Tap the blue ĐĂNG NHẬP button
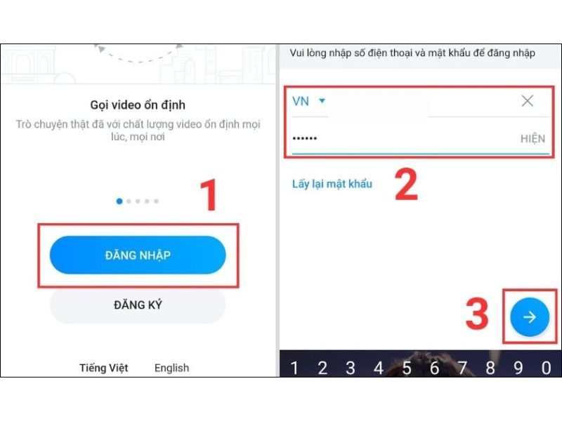click(138, 255)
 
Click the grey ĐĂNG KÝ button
click(138, 305)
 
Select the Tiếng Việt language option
click(104, 368)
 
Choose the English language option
click(171, 368)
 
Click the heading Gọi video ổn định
click(138, 105)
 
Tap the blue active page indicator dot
click(119, 201)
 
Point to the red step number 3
click(478, 315)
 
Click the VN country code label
click(301, 101)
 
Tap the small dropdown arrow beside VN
click(322, 101)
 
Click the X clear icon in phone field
click(527, 101)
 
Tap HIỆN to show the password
click(532, 139)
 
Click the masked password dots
click(305, 138)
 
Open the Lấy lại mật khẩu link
click(332, 184)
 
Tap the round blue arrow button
click(530, 317)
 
